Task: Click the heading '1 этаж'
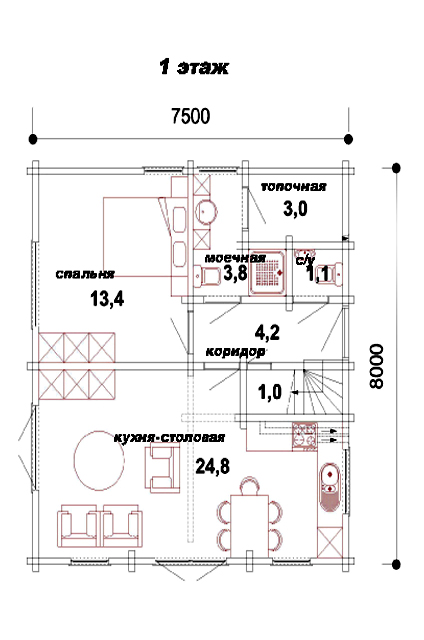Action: (x=193, y=68)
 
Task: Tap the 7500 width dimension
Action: (x=191, y=116)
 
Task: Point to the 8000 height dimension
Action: (x=376, y=366)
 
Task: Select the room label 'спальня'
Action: (x=85, y=274)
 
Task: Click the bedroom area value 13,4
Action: (x=107, y=299)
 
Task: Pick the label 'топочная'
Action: (x=293, y=187)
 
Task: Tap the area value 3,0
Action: (x=295, y=209)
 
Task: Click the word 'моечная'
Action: (x=235, y=258)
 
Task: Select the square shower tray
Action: (x=268, y=272)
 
